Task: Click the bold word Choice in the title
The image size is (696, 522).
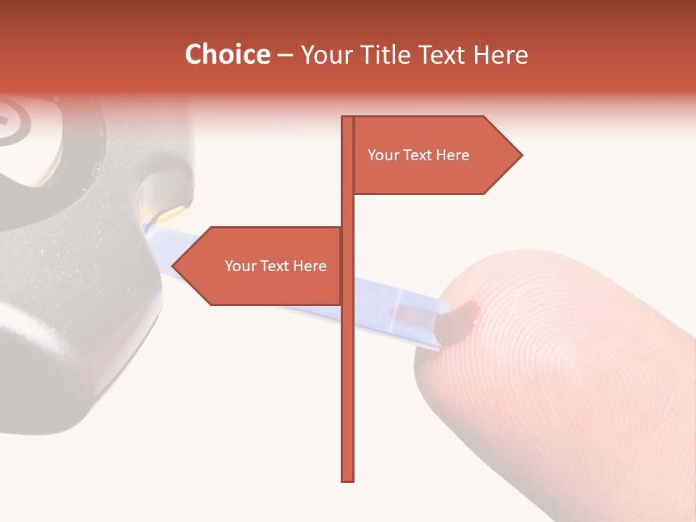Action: click(x=227, y=54)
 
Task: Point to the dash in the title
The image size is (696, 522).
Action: click(x=285, y=55)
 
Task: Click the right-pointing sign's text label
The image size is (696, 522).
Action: click(x=418, y=155)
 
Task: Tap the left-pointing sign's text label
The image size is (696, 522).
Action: click(x=275, y=266)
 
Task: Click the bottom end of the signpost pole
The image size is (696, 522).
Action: click(x=348, y=478)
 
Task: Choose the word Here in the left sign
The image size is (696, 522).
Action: click(x=310, y=266)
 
